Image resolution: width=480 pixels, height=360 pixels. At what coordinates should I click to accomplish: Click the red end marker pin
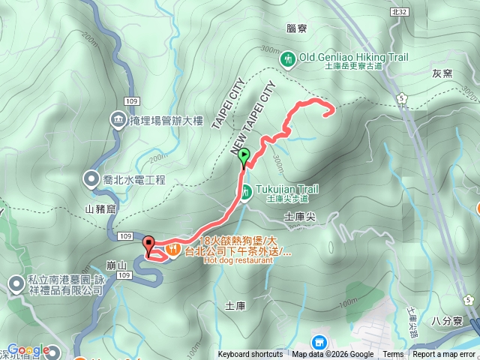[148, 244]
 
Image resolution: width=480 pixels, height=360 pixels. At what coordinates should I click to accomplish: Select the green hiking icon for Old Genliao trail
[287, 58]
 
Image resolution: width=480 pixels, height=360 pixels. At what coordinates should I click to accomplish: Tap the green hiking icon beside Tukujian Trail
[246, 193]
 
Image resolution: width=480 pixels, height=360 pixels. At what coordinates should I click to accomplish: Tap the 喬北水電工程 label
[133, 180]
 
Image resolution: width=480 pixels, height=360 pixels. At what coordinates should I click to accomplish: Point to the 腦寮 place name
[296, 28]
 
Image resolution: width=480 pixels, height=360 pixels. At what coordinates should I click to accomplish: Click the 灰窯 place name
[442, 73]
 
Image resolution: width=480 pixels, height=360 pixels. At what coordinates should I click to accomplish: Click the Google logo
[28, 350]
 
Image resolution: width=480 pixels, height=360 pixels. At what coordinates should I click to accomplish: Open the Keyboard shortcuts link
[250, 355]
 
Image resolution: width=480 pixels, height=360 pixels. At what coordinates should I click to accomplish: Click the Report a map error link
[443, 355]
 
